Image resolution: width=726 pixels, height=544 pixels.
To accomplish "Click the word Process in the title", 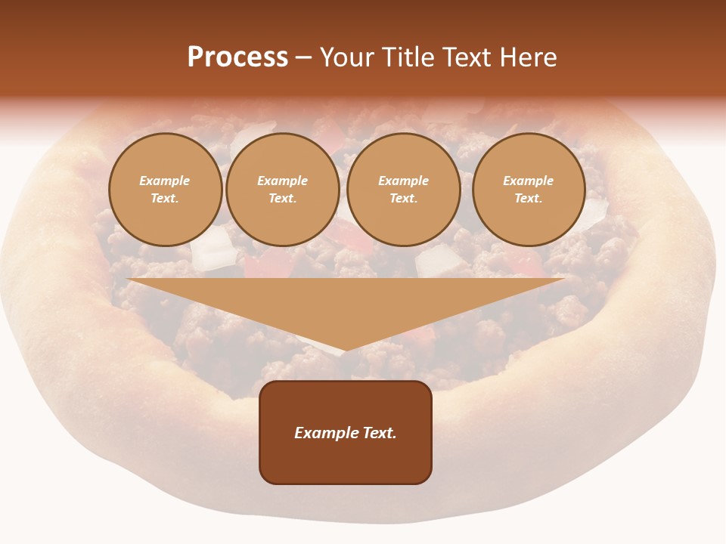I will coord(237,57).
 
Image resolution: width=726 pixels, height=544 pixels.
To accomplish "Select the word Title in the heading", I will coord(407,57).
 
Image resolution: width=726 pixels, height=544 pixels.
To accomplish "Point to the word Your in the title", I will coord(349,57).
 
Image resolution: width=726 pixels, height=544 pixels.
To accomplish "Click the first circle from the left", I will coord(165,190).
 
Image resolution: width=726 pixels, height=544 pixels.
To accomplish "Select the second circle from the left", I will coord(282,190).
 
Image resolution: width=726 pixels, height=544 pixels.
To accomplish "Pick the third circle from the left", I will coord(403,190).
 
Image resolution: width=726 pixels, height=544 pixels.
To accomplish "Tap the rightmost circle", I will coord(528,190).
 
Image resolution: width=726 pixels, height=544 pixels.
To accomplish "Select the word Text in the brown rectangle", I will coord(380,433).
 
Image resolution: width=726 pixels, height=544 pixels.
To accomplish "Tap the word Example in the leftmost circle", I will coord(165,181).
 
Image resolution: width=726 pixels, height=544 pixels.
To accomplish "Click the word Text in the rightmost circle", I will coord(528,199).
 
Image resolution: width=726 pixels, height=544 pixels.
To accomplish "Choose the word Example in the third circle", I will coord(403,181).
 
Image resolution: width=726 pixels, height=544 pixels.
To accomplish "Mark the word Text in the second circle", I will coord(282,199).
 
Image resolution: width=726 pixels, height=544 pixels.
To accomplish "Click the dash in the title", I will coord(303,58).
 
